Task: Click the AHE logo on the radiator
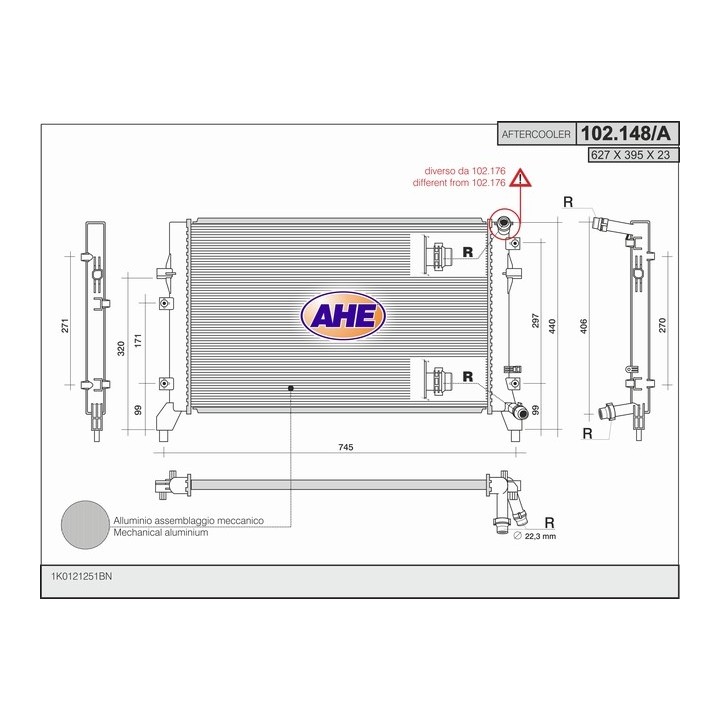coord(343,316)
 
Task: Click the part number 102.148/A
coord(625,134)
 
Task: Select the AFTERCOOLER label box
coord(536,135)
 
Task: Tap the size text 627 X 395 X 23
coord(630,155)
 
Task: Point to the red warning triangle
coord(519,178)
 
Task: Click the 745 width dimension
coord(345,447)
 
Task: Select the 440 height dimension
coord(552,326)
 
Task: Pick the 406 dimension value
coord(584,326)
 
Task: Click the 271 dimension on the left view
coord(65,326)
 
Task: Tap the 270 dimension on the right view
coord(662,326)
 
